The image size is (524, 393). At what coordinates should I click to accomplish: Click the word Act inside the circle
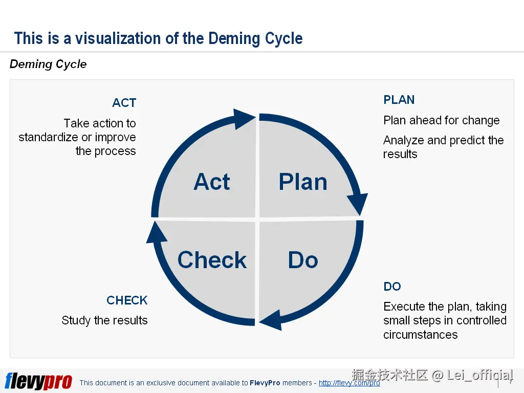tap(212, 182)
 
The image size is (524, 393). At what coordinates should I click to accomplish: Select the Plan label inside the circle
tap(302, 182)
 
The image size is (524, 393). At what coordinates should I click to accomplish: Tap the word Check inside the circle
tap(212, 260)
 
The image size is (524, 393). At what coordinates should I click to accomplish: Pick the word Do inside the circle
tap(303, 260)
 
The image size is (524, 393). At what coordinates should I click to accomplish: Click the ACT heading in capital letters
tap(124, 103)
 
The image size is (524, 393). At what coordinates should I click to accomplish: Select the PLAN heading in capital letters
tap(399, 100)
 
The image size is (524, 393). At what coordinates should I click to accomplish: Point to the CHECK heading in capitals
tap(127, 300)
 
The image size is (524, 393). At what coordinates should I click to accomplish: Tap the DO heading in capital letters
tap(392, 287)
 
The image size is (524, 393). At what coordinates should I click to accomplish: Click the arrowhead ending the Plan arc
tap(359, 204)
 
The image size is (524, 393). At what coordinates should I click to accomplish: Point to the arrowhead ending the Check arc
tap(157, 233)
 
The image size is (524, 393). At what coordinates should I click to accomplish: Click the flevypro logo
tap(38, 381)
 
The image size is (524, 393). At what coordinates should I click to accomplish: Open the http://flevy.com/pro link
tap(349, 383)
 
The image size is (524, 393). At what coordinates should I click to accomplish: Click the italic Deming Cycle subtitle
tap(48, 64)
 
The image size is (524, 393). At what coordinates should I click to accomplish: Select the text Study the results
tap(104, 321)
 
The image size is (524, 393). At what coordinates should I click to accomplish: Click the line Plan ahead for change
tap(442, 121)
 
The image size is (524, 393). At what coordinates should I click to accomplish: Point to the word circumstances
tap(421, 335)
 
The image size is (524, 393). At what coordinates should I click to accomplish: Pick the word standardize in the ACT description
tap(48, 138)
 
